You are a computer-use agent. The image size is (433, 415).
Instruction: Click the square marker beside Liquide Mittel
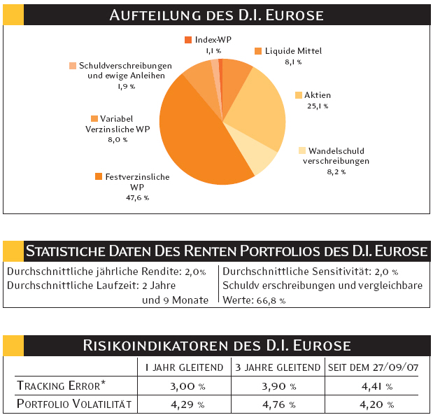tap(258, 51)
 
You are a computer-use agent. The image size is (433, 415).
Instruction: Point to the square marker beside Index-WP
tap(188, 40)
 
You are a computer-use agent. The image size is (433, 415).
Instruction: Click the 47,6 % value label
tap(137, 198)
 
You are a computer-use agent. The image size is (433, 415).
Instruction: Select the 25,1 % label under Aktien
tap(317, 106)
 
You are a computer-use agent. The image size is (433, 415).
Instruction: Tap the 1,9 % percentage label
tap(127, 86)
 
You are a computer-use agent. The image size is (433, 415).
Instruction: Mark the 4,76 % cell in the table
tap(277, 404)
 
